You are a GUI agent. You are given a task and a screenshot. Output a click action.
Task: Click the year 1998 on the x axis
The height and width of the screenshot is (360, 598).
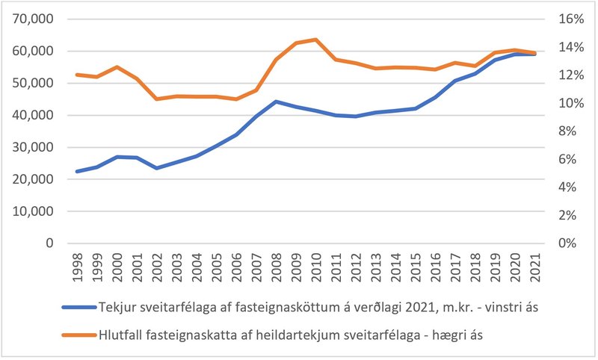tap(78, 265)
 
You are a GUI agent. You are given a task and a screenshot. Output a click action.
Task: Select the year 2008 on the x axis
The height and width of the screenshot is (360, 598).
tap(277, 265)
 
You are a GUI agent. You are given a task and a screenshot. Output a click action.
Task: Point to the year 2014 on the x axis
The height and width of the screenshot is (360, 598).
tap(395, 265)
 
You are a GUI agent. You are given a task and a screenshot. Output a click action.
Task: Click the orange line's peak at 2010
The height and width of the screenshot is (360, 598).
tap(316, 40)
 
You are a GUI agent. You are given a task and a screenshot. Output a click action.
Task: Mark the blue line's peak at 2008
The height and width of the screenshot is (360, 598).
tap(277, 101)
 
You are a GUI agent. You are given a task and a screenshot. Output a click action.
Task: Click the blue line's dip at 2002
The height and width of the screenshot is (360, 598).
tap(157, 168)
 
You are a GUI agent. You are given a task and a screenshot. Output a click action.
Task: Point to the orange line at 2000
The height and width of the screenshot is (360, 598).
tap(117, 66)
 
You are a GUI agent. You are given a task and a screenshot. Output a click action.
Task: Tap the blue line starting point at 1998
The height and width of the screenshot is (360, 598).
tap(78, 171)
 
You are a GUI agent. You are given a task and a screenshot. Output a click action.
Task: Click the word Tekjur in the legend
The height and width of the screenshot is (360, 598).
tap(117, 307)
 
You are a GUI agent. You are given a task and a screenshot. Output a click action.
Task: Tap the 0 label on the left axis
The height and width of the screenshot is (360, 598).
tap(50, 243)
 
